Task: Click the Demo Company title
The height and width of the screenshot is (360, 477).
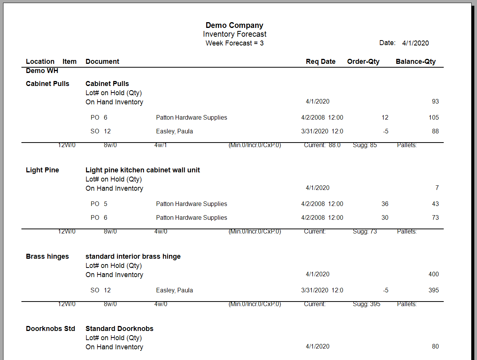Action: pyautogui.click(x=234, y=25)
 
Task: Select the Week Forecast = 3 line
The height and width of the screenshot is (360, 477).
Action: pyautogui.click(x=234, y=43)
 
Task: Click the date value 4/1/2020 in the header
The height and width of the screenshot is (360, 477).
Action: pyautogui.click(x=415, y=43)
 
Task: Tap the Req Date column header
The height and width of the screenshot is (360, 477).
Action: pyautogui.click(x=321, y=62)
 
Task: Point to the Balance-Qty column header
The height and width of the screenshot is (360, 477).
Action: pyautogui.click(x=415, y=62)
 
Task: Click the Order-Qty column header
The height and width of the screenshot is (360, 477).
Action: pyautogui.click(x=363, y=62)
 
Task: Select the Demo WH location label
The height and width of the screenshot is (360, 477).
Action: pyautogui.click(x=42, y=71)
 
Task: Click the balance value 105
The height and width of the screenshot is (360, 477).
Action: pyautogui.click(x=433, y=118)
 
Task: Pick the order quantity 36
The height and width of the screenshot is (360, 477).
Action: pyautogui.click(x=384, y=204)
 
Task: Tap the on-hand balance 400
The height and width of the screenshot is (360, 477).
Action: pyautogui.click(x=433, y=274)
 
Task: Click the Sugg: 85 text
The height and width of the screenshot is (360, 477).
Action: pyautogui.click(x=365, y=145)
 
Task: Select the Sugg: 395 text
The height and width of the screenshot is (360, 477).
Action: pyautogui.click(x=366, y=304)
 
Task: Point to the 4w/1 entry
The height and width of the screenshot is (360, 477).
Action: pyautogui.click(x=160, y=145)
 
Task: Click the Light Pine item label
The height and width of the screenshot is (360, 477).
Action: pyautogui.click(x=42, y=170)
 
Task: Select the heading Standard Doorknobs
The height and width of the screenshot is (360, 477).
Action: pyautogui.click(x=119, y=329)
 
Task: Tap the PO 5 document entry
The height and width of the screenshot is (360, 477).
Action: pyautogui.click(x=99, y=204)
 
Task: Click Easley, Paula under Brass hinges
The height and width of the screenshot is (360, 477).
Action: pyautogui.click(x=174, y=290)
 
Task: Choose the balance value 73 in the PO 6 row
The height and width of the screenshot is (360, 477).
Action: pyautogui.click(x=435, y=218)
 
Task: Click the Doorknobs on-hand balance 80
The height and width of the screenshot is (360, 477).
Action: pyautogui.click(x=435, y=347)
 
